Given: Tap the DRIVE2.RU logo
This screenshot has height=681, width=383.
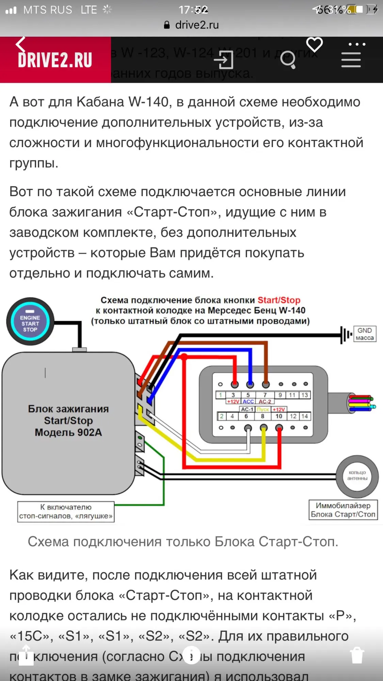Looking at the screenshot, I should pyautogui.click(x=55, y=60).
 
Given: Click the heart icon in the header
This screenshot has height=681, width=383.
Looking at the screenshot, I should pyautogui.click(x=314, y=45).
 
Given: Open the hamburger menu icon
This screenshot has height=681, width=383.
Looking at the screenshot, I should pyautogui.click(x=351, y=60).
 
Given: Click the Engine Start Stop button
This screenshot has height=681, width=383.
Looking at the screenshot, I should pyautogui.click(x=30, y=322).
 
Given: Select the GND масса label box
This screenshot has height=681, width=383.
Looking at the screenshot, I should pyautogui.click(x=365, y=334).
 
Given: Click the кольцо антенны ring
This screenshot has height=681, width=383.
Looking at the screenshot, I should pyautogui.click(x=357, y=476).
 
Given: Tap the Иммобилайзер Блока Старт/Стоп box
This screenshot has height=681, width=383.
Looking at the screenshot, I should pyautogui.click(x=343, y=510).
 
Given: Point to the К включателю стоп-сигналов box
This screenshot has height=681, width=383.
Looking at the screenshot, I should pyautogui.click(x=66, y=511).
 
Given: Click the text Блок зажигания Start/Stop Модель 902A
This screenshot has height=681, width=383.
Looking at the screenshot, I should pyautogui.click(x=68, y=421).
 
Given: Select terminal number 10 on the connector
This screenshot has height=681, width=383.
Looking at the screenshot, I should pyautogui.click(x=279, y=416).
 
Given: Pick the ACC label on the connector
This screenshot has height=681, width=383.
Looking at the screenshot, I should pyautogui.click(x=248, y=401).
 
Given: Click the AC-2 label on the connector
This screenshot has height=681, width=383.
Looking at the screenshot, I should pyautogui.click(x=265, y=401).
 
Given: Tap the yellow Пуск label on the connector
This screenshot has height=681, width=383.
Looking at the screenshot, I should pyautogui.click(x=263, y=409).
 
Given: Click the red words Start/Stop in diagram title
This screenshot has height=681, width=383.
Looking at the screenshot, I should pyautogui.click(x=279, y=300).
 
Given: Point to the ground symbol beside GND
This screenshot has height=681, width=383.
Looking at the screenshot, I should pyautogui.click(x=345, y=335).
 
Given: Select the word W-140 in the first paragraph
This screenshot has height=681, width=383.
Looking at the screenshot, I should pyautogui.click(x=148, y=102).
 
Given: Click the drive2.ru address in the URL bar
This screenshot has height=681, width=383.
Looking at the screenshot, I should pyautogui.click(x=197, y=25).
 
